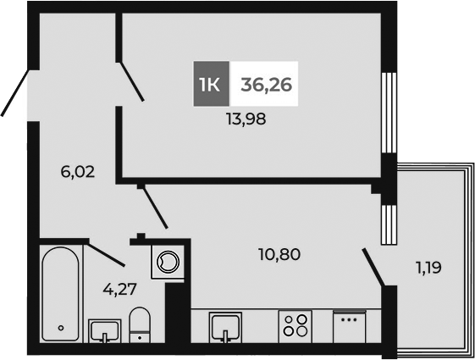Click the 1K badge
[211, 85]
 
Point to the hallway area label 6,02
[77, 171]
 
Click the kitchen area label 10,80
[279, 253]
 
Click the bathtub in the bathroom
[61, 292]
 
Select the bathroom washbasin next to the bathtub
[104, 330]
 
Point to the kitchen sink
[225, 325]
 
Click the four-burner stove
[295, 326]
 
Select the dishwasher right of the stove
[347, 326]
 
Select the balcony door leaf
[373, 267]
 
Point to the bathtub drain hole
[61, 327]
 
